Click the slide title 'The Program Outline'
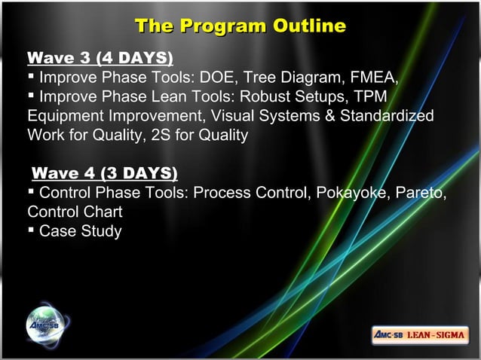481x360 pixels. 240,26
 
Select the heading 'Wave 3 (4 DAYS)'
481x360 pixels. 100,58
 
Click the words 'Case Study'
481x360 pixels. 80,231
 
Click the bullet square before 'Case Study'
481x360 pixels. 31,231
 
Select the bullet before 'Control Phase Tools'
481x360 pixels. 31,193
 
